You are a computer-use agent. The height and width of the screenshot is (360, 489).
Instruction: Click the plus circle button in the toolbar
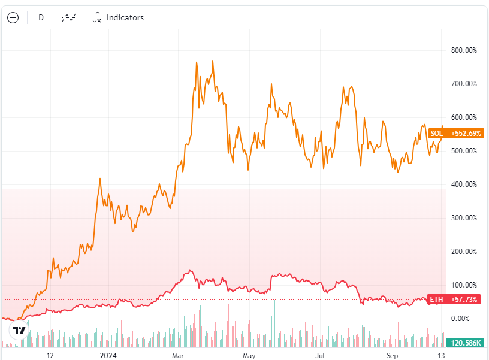pyautogui.click(x=13, y=17)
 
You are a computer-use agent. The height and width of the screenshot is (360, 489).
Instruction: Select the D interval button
pyautogui.click(x=41, y=17)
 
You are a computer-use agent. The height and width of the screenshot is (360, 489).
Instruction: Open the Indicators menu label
pyautogui.click(x=125, y=17)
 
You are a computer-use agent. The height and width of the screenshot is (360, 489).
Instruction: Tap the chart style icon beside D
pyautogui.click(x=70, y=17)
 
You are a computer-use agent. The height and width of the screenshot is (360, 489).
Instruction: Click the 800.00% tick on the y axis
pyautogui.click(x=464, y=50)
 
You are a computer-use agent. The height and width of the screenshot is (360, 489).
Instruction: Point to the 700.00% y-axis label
pyautogui.click(x=464, y=84)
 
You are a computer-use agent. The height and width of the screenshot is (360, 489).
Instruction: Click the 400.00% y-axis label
pyautogui.click(x=464, y=184)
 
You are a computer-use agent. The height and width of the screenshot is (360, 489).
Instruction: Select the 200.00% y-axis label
pyautogui.click(x=464, y=252)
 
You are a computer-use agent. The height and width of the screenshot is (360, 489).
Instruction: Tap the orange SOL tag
pyautogui.click(x=437, y=133)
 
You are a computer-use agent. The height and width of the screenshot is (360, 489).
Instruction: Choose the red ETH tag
pyautogui.click(x=437, y=299)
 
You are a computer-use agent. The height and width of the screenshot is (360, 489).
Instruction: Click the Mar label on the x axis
pyautogui.click(x=178, y=355)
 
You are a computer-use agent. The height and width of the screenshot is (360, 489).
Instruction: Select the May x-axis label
pyautogui.click(x=249, y=355)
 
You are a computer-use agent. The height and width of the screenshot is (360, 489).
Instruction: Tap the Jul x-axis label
pyautogui.click(x=321, y=355)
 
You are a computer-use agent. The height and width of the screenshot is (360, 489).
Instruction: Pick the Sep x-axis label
pyautogui.click(x=392, y=355)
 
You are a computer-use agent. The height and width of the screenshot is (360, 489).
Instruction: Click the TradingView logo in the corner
pyautogui.click(x=19, y=329)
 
